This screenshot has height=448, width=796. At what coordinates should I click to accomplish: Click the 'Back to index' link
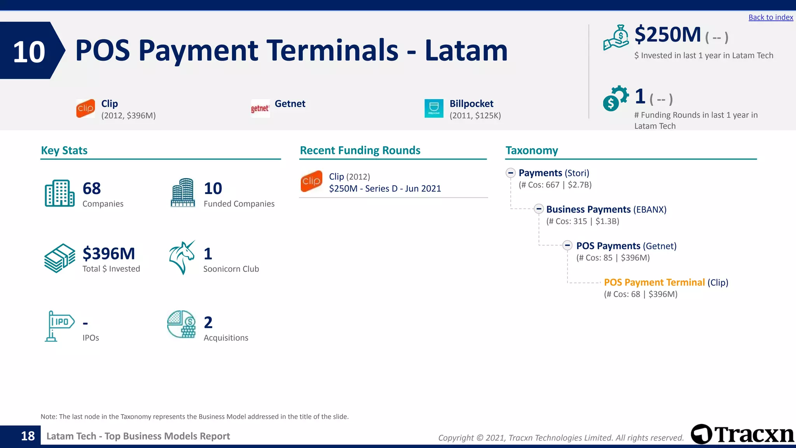click(770, 17)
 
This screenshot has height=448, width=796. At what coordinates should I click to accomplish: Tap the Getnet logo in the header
click(260, 108)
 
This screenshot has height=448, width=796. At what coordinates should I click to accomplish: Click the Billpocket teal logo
click(434, 108)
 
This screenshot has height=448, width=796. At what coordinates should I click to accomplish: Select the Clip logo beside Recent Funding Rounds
click(311, 181)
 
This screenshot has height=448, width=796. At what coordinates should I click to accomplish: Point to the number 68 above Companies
click(92, 189)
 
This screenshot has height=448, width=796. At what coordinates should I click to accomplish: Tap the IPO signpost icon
click(59, 326)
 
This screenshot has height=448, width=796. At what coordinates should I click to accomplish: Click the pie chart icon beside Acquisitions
click(181, 324)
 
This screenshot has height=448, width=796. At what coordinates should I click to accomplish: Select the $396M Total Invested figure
click(109, 254)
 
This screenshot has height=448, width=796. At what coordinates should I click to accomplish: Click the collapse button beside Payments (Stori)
click(511, 173)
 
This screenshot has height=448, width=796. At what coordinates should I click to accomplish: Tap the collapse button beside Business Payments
click(539, 209)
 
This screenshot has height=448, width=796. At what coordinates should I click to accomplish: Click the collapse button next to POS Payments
click(567, 245)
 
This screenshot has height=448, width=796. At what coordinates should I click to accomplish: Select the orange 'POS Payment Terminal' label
click(654, 282)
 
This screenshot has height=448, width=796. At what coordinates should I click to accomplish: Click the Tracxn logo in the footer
click(742, 434)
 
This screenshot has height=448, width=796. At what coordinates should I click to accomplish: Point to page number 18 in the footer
click(28, 436)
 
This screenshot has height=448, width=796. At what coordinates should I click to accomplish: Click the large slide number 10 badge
click(30, 52)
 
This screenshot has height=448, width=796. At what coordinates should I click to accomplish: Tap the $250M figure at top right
click(667, 35)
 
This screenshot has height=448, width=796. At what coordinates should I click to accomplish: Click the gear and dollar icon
click(615, 98)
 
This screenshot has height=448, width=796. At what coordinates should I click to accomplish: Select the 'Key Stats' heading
click(64, 150)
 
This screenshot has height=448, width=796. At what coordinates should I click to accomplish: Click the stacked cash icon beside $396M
click(59, 258)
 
